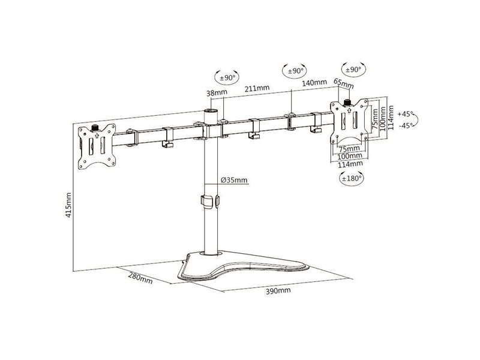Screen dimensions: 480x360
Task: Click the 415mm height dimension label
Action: (68, 205)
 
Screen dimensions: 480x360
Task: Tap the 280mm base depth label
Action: (140, 278)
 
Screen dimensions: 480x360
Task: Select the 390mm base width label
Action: (278, 291)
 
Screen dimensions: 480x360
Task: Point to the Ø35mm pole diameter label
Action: (234, 180)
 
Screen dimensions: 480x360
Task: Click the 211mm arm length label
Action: (257, 88)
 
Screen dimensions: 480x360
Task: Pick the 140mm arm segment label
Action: (314, 83)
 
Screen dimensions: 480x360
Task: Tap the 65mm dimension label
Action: (343, 83)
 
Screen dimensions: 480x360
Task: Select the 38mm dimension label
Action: (217, 93)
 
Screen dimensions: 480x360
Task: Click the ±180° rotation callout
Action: (352, 178)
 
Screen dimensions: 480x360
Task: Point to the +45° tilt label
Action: (405, 114)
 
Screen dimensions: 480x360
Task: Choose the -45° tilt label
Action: (406, 125)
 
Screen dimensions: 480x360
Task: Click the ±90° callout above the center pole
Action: (227, 78)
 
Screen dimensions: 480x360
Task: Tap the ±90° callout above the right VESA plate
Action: (353, 70)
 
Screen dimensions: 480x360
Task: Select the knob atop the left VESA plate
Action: (95, 127)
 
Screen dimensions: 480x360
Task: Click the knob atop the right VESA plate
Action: (347, 102)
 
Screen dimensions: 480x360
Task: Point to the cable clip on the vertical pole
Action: (210, 201)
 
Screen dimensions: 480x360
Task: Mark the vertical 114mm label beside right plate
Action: (391, 118)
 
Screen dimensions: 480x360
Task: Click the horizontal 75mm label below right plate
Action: (349, 149)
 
